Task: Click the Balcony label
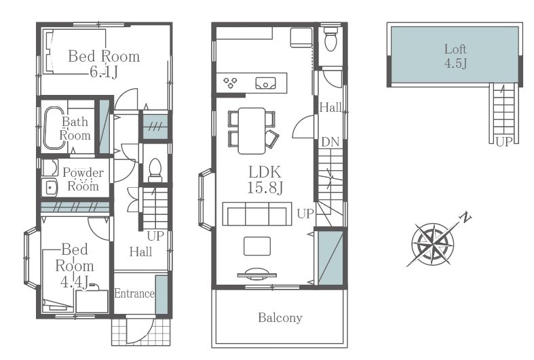pos(280,318)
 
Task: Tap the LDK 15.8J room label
pos(265,180)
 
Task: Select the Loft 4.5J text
pos(455,56)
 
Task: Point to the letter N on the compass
pos(465,217)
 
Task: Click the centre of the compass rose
pos(433,244)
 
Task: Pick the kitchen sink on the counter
pos(265,83)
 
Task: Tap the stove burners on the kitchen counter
pos(230,83)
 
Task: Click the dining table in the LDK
pos(252,131)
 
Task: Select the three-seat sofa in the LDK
pos(257,214)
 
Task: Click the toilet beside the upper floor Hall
pos(330,38)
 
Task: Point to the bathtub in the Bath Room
pos(54,128)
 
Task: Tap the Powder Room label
pos(83,179)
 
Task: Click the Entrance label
pos(134,294)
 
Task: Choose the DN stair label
pos(330,142)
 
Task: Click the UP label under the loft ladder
pos(503,142)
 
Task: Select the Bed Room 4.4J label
pos(75,266)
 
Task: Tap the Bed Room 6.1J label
pos(104,64)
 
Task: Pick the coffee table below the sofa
pos(257,246)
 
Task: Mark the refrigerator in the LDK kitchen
pos(301,37)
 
